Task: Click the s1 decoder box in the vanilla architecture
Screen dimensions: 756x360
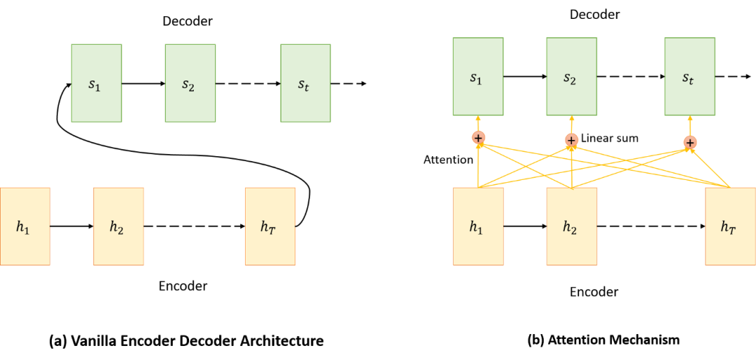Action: [97, 83]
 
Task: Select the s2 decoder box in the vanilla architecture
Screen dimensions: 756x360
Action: [190, 83]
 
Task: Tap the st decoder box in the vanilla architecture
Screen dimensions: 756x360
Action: [306, 83]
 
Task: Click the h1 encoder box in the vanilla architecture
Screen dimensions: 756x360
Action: [25, 226]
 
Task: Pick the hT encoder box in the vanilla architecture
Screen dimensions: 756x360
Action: [270, 226]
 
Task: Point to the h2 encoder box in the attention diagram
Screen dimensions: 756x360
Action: [571, 226]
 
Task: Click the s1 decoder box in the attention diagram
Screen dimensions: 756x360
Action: [478, 76]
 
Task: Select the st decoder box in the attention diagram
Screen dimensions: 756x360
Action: [690, 76]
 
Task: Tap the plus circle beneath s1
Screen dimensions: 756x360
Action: [478, 137]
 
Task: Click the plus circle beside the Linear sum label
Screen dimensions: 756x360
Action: [571, 140]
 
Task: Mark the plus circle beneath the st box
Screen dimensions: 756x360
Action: [690, 142]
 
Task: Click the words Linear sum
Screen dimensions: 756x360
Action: [610, 138]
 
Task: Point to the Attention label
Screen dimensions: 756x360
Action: [448, 159]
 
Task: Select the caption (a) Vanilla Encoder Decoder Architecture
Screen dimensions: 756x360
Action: [186, 342]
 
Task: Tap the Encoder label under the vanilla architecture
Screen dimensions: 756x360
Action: [183, 286]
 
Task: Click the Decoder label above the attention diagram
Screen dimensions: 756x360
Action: [594, 15]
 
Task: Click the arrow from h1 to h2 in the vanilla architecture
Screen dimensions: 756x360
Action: [72, 226]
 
